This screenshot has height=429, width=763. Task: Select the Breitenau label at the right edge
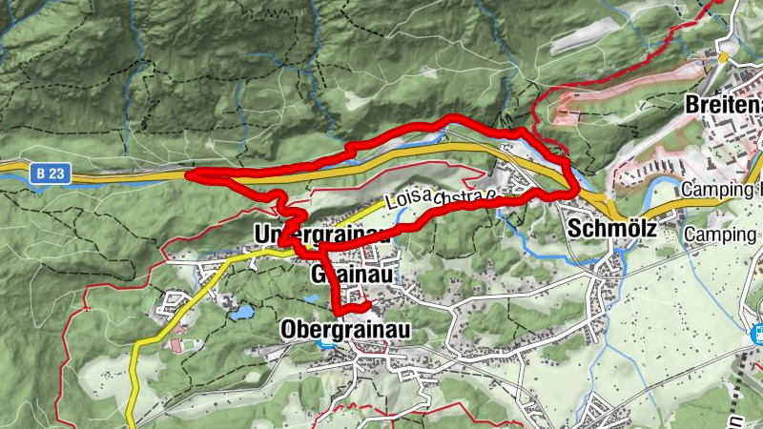(724, 105)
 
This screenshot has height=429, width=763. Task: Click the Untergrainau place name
(318, 234)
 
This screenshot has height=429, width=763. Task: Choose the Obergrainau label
(345, 329)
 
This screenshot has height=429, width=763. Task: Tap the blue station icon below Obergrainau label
(327, 344)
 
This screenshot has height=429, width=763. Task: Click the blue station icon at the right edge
(759, 334)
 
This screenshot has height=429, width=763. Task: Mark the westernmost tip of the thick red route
(187, 175)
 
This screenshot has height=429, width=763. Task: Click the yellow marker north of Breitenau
(725, 56)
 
